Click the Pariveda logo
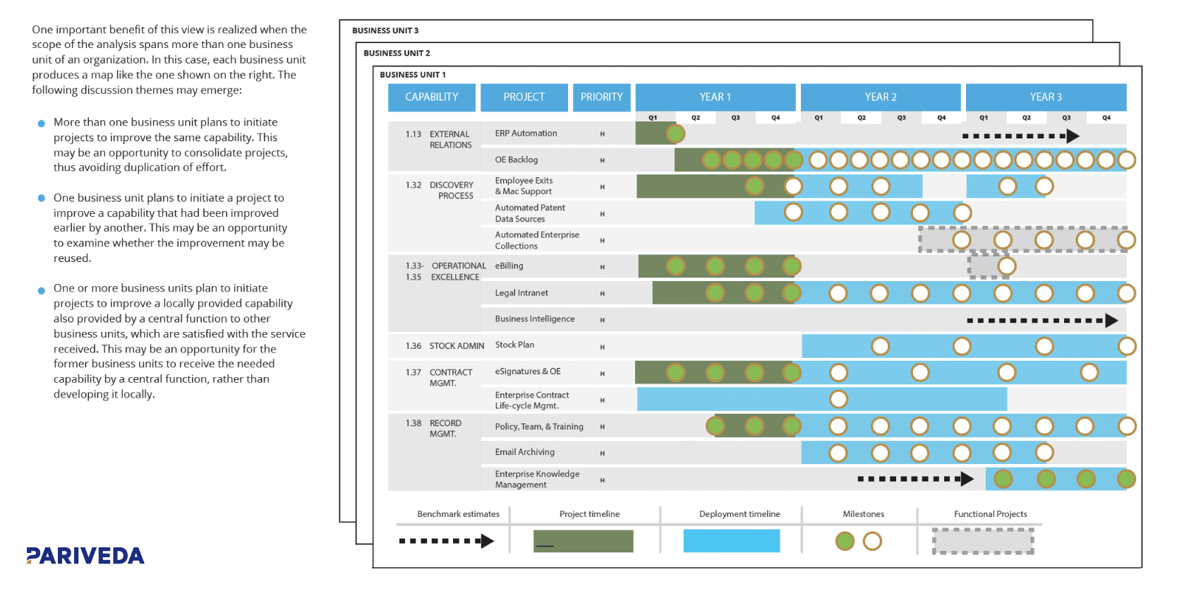(85, 556)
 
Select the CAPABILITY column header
(431, 97)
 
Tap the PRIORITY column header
(601, 97)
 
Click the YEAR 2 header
(880, 97)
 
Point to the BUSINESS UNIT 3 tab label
(385, 30)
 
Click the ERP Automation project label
(526, 133)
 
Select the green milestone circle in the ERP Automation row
(675, 133)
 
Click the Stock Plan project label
(514, 345)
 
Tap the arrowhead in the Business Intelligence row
(1111, 321)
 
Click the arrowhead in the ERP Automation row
(1073, 136)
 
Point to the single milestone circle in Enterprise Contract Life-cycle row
(838, 399)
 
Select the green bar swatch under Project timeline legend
(583, 541)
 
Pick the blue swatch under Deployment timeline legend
(731, 541)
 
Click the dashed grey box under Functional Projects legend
(983, 541)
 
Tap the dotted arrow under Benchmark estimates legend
(446, 542)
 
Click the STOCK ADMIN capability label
(456, 346)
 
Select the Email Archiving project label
(524, 452)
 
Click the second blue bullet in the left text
(42, 198)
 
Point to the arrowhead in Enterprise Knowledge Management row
(967, 480)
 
